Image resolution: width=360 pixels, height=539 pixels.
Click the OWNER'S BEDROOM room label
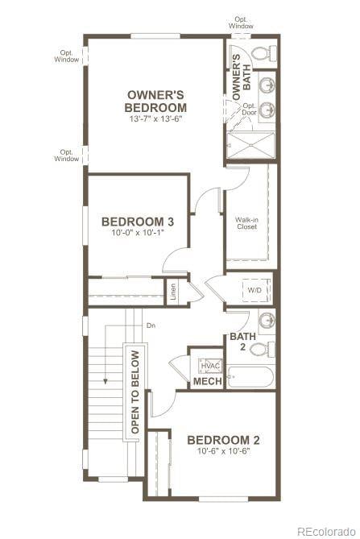click(156, 102)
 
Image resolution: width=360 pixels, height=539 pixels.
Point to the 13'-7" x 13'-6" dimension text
click(156, 119)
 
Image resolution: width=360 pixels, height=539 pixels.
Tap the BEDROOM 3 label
click(138, 222)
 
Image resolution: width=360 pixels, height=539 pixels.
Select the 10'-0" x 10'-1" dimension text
click(138, 234)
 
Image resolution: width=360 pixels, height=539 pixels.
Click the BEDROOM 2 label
click(223, 440)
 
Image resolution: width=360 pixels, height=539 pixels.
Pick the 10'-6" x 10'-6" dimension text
click(223, 451)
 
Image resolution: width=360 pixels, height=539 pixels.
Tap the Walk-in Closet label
click(247, 223)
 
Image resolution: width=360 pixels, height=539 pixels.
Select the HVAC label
click(209, 366)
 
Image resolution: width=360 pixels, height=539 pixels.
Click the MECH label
click(208, 381)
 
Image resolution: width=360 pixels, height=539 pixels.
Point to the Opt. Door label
click(250, 109)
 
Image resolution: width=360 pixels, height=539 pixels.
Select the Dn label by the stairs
click(150, 325)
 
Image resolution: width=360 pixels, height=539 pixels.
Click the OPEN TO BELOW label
click(134, 392)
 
